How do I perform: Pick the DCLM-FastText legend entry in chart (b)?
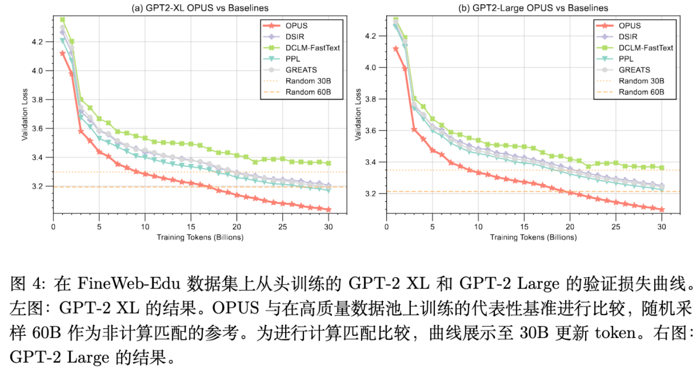tap(645, 48)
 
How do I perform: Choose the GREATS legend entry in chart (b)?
tap(634, 70)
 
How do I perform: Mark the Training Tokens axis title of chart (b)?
tap(533, 238)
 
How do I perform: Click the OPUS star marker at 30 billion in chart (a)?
tap(329, 210)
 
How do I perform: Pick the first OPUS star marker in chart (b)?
tap(396, 49)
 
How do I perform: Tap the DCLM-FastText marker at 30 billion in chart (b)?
tap(662, 167)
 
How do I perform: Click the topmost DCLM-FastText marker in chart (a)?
tap(62, 20)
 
